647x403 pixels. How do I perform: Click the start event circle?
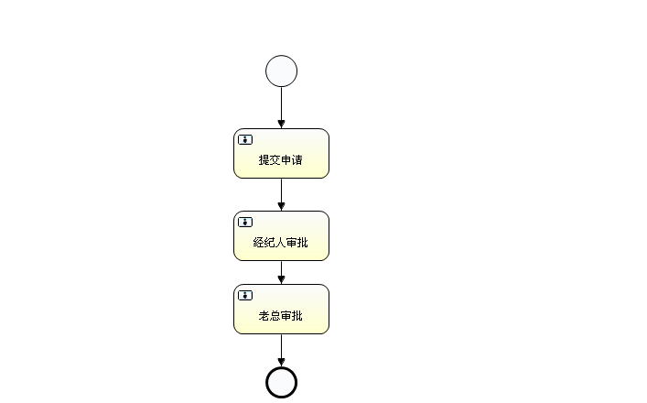[281, 71]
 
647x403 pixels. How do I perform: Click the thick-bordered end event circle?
[281, 382]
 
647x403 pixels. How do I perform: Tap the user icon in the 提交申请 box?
[245, 139]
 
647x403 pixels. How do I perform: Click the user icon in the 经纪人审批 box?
[245, 222]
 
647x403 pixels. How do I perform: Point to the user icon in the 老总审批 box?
[245, 295]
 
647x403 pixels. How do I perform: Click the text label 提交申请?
[281, 160]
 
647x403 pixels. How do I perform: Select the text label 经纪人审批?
[281, 243]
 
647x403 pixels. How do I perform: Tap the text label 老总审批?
[281, 316]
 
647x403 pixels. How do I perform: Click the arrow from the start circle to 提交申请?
[281, 105]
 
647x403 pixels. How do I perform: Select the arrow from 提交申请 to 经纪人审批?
[281, 193]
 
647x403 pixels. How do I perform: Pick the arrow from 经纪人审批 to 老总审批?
[281, 271]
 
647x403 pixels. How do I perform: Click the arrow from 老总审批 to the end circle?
[281, 348]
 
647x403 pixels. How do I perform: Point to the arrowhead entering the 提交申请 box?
[281, 124]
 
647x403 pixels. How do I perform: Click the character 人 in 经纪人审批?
[280, 243]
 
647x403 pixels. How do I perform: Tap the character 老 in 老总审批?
[264, 316]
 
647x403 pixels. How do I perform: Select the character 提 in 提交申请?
[264, 160]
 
